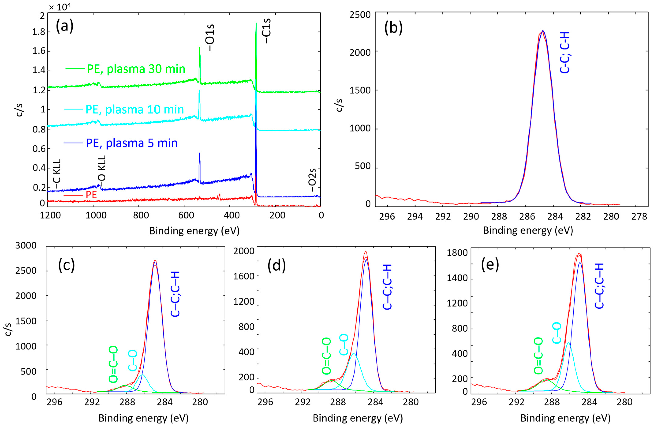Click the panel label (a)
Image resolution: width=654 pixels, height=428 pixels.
click(x=65, y=27)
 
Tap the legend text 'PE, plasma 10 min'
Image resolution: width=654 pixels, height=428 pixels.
click(x=135, y=109)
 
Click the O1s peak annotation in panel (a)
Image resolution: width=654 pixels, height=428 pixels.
click(x=210, y=38)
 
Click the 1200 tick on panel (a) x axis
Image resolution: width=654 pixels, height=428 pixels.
click(x=50, y=215)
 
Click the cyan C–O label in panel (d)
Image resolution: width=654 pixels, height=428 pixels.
click(x=344, y=344)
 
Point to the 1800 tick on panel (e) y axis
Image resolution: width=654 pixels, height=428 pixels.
click(x=457, y=253)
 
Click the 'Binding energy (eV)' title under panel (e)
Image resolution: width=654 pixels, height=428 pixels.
click(x=565, y=418)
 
